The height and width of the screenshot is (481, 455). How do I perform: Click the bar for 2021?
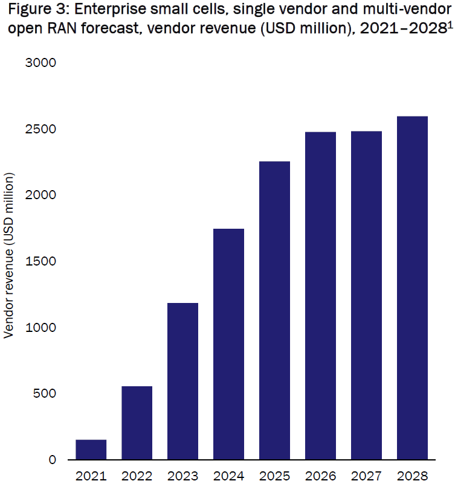(91, 450)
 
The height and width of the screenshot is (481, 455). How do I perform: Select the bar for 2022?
(137, 422)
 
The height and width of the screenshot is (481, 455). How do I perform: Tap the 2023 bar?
(182, 381)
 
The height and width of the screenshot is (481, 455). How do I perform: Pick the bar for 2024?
(228, 344)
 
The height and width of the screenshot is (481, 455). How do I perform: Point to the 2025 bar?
(274, 310)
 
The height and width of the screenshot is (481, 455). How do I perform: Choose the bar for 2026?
(320, 296)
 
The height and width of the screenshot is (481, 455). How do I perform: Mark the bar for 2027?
(366, 295)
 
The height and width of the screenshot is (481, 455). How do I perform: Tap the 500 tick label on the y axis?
(45, 394)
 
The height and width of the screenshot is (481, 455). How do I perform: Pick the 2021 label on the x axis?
(91, 475)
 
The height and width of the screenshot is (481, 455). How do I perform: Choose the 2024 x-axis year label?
(228, 475)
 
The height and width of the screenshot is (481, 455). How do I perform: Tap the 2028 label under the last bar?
(412, 475)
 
